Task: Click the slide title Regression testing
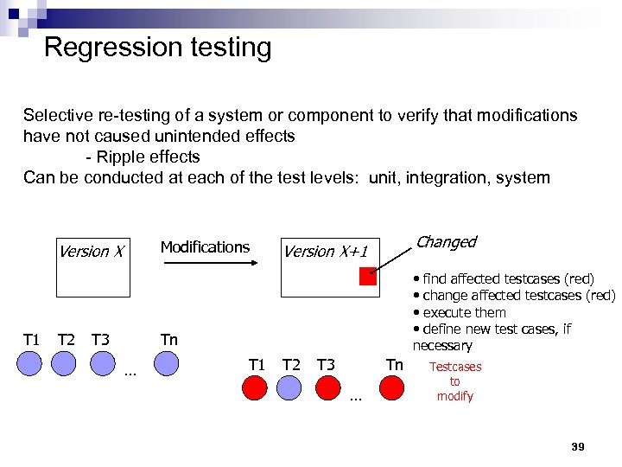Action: coord(157,47)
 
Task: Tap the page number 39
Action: coord(578,446)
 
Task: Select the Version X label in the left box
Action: coord(91,252)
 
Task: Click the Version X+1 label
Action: coord(326,252)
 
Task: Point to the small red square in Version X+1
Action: coord(368,277)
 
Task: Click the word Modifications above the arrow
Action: coord(205,247)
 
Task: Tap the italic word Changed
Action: coord(446,242)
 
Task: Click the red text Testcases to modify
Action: coord(455,381)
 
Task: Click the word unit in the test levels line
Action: coord(384,178)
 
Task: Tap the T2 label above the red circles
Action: coord(291,364)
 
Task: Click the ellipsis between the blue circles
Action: coord(130,374)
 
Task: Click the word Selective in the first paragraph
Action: coord(54,116)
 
